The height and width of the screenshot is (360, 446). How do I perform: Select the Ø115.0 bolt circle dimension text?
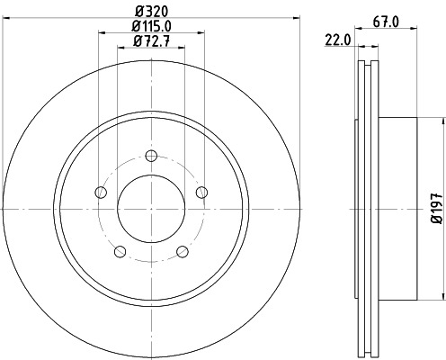pyautogui.click(x=151, y=27)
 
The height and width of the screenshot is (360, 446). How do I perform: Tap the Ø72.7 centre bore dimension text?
pyautogui.click(x=151, y=41)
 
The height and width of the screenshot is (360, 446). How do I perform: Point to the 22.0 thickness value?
pyautogui.click(x=336, y=40)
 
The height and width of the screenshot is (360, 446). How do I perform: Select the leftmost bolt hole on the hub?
pyautogui.click(x=99, y=192)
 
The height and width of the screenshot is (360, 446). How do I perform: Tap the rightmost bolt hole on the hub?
pyautogui.click(x=202, y=191)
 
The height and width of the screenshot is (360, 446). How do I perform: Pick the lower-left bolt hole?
pyautogui.click(x=119, y=251)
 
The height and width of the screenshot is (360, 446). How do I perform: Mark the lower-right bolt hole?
pyautogui.click(x=183, y=251)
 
